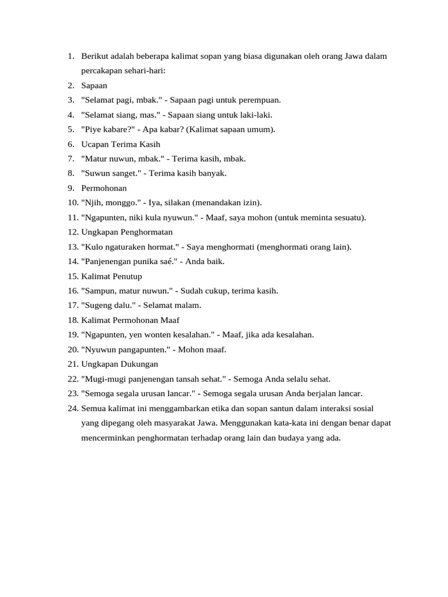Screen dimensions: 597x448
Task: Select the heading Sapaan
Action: click(x=94, y=86)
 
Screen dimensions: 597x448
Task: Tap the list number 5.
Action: click(x=71, y=129)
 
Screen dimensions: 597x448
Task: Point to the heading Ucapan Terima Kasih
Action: click(x=121, y=144)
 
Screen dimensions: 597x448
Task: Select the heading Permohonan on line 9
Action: click(x=104, y=188)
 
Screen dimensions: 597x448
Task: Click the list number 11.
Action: click(x=72, y=217)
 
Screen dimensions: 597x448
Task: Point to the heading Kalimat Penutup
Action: click(x=111, y=276)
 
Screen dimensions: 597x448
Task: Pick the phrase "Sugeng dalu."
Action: click(x=108, y=305)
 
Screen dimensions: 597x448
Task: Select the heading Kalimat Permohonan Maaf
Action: click(x=131, y=320)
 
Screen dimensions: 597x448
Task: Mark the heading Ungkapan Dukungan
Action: click(x=120, y=364)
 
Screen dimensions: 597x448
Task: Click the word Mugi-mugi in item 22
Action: click(x=101, y=378)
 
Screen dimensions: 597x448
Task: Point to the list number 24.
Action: click(x=72, y=408)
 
